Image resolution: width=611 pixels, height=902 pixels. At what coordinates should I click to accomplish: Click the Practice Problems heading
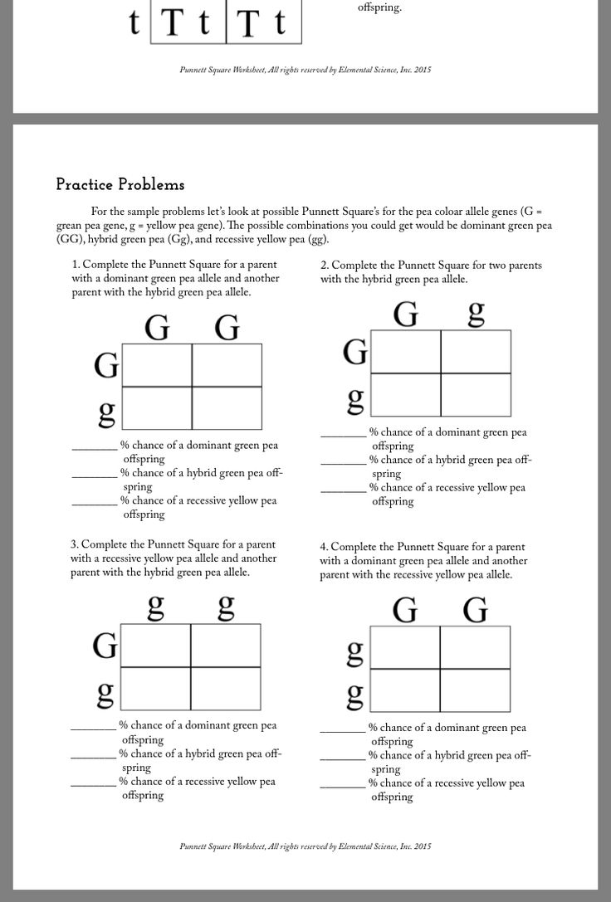click(120, 184)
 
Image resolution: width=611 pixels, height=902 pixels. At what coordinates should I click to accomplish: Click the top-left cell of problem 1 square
click(157, 365)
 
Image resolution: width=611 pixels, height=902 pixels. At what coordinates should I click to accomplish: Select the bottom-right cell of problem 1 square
click(227, 408)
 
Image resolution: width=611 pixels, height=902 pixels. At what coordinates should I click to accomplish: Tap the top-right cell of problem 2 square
click(475, 352)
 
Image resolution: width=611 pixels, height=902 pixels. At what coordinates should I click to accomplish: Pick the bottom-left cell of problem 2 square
click(405, 395)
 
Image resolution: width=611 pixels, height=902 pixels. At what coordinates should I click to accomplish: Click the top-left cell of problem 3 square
click(155, 645)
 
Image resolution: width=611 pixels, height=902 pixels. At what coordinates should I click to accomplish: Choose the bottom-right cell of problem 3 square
click(225, 688)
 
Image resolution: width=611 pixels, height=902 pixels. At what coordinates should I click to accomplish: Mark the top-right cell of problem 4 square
click(475, 647)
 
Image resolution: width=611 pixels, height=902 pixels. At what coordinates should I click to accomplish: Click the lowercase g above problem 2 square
click(476, 313)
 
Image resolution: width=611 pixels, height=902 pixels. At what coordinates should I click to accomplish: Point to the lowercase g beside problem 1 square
click(106, 412)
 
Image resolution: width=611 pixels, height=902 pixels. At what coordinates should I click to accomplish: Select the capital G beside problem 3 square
click(105, 645)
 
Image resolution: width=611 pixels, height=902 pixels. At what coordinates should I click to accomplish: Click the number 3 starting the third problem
click(74, 544)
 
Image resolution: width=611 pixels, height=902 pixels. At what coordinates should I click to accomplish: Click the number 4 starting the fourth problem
click(324, 547)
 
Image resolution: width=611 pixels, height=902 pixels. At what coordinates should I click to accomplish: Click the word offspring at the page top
click(379, 7)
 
